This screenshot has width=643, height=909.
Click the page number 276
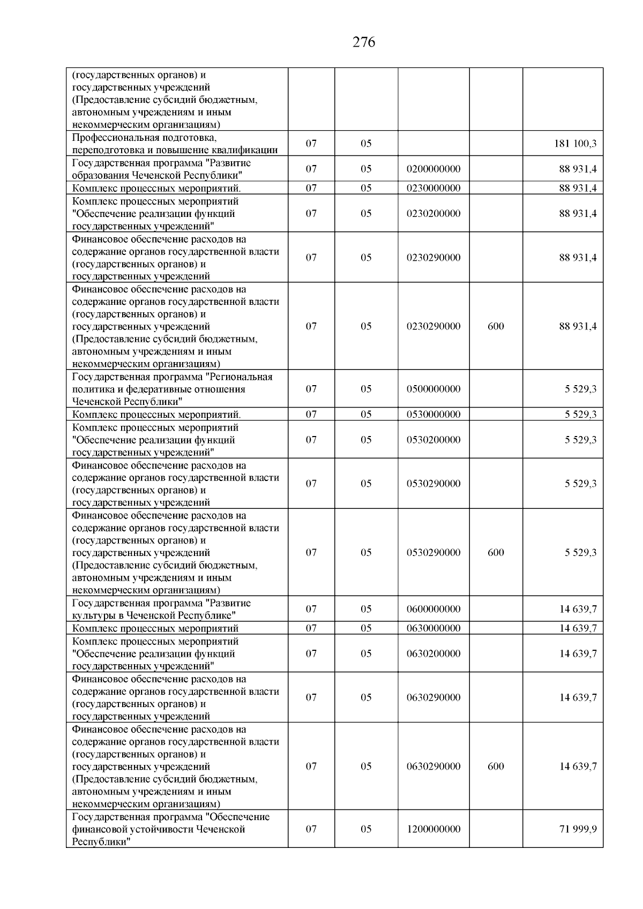(364, 42)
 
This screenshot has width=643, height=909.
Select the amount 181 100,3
(575, 144)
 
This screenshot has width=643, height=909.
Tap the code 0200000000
(433, 169)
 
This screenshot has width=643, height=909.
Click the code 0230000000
(433, 188)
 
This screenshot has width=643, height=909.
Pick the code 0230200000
(433, 213)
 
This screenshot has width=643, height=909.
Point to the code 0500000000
(433, 389)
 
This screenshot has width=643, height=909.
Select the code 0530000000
(433, 414)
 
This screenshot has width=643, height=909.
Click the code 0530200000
(433, 439)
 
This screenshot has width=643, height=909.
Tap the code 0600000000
(433, 609)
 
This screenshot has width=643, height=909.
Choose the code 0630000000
(433, 628)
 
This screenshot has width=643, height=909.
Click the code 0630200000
(433, 653)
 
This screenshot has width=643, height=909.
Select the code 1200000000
(433, 829)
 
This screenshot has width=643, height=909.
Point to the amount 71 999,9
(578, 829)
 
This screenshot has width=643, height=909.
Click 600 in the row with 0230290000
(496, 326)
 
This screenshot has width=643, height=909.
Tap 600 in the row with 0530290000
(496, 552)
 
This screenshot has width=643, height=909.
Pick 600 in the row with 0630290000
(496, 767)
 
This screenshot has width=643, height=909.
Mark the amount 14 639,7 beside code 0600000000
(578, 609)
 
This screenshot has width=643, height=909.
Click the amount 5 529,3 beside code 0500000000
(580, 389)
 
